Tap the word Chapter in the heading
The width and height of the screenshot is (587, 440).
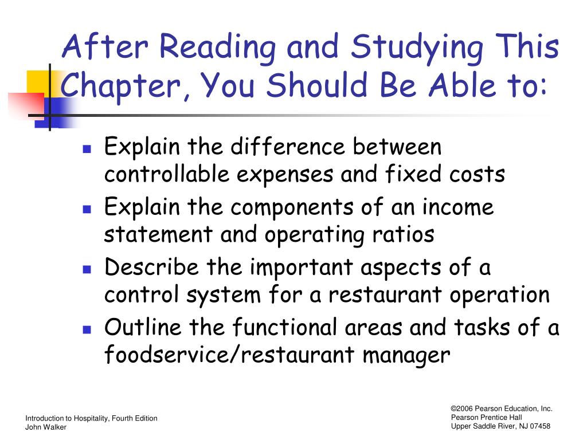[120, 86]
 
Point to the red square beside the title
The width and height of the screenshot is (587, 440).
[26, 105]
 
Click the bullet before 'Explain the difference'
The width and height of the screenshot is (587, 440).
[87, 150]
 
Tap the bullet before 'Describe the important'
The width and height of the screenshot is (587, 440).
[87, 269]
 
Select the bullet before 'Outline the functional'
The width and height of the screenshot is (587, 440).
[87, 329]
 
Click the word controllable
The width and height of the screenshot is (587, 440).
[167, 174]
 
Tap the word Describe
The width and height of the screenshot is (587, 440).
[151, 267]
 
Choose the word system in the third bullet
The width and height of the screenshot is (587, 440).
[224, 296]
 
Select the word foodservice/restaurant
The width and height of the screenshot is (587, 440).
[229, 354]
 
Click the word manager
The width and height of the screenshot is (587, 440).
[406, 356]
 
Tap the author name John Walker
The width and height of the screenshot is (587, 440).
[46, 427]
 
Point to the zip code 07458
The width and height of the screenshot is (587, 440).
[540, 426]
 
